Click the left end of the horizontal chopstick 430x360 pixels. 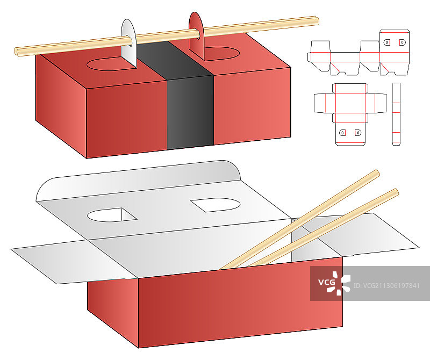(x=16, y=52)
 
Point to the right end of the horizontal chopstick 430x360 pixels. (x=317, y=21)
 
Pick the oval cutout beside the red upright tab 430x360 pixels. (x=221, y=53)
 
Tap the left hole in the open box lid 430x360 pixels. (x=112, y=215)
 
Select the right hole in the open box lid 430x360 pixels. (x=216, y=205)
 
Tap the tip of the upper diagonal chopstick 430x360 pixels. (x=378, y=172)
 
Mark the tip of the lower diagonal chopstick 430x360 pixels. (x=397, y=191)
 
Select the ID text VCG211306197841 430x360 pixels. (x=386, y=286)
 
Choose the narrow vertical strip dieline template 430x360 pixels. (x=396, y=114)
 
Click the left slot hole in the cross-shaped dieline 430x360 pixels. (x=342, y=133)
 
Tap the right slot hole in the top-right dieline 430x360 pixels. (x=402, y=42)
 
